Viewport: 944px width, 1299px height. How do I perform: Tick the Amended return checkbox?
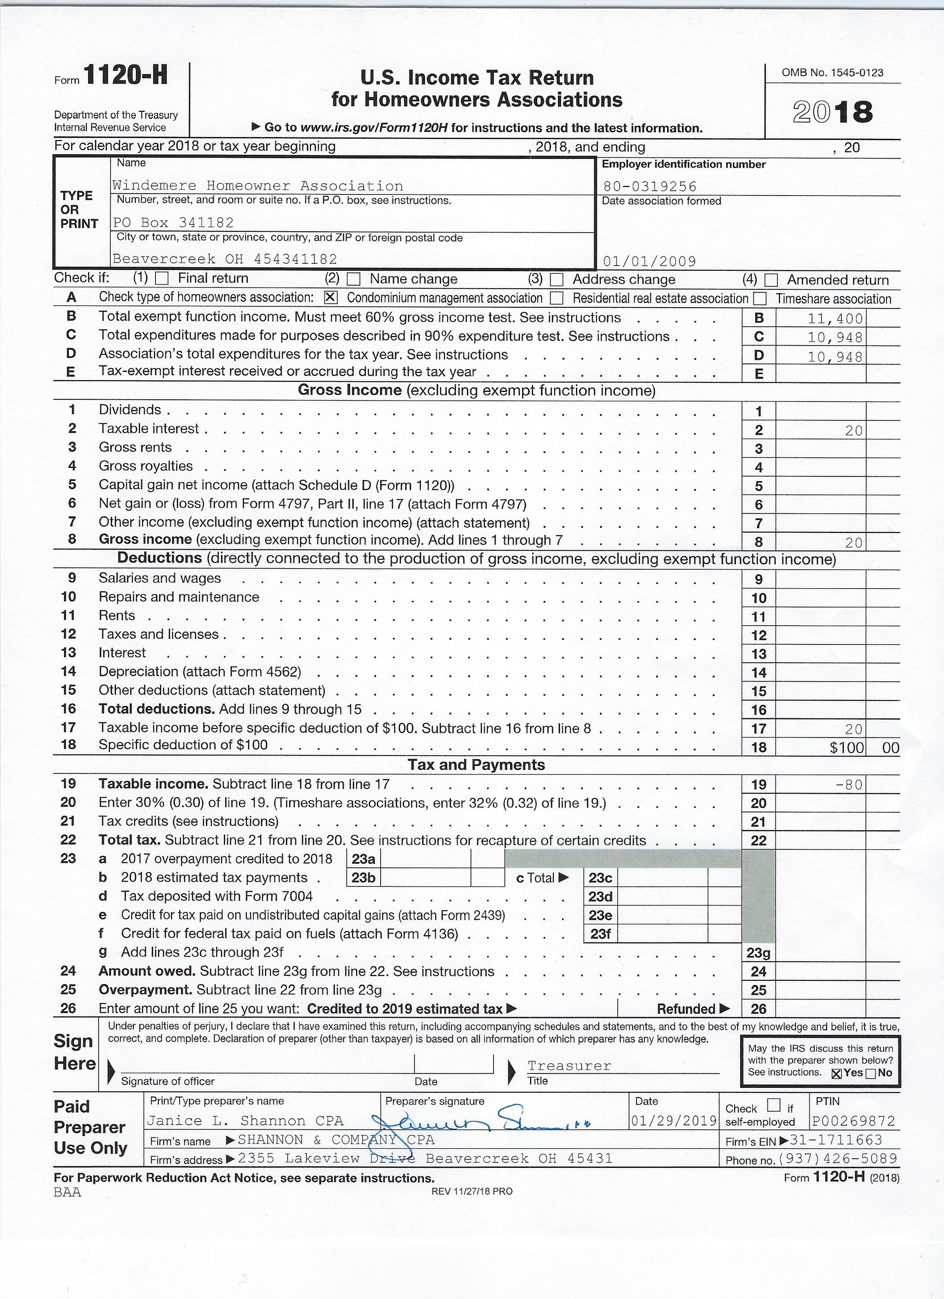772,280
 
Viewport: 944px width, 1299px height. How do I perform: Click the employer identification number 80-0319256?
650,187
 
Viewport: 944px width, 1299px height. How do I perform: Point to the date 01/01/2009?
650,262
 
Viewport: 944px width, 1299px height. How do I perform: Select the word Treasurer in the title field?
569,1066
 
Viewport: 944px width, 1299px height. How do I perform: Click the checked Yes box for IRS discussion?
836,1074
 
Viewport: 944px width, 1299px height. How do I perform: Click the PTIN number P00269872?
853,1122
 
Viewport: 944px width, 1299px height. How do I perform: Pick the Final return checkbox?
163,279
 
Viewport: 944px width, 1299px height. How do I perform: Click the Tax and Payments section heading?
476,765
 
